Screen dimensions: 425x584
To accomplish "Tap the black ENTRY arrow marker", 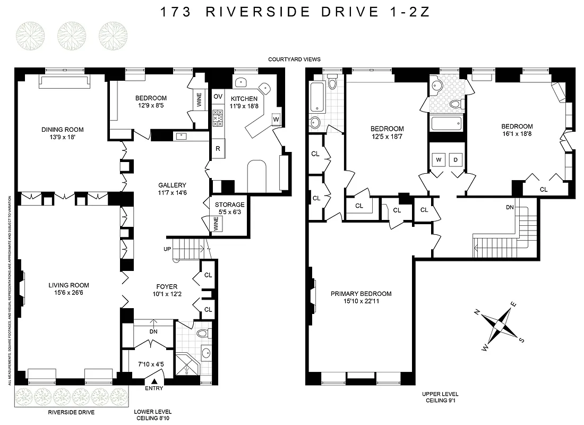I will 154,380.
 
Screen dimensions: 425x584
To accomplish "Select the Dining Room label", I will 63,129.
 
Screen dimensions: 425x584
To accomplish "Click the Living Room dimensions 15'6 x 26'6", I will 63,292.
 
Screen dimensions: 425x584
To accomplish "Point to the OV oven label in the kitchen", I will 218,96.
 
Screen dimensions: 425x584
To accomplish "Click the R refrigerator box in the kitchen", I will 218,148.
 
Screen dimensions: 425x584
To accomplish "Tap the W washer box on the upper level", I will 439,159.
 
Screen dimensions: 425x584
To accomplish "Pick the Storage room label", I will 229,205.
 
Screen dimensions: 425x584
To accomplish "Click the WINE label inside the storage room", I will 217,224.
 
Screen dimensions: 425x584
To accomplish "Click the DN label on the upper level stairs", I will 509,207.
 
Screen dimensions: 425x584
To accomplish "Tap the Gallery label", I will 172,185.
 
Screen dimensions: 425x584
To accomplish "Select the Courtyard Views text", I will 294,59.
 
